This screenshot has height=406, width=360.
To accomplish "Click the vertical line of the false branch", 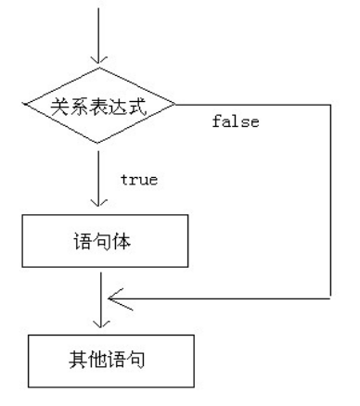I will click(329, 204).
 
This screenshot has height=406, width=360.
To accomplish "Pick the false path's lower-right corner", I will click(329, 299).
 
